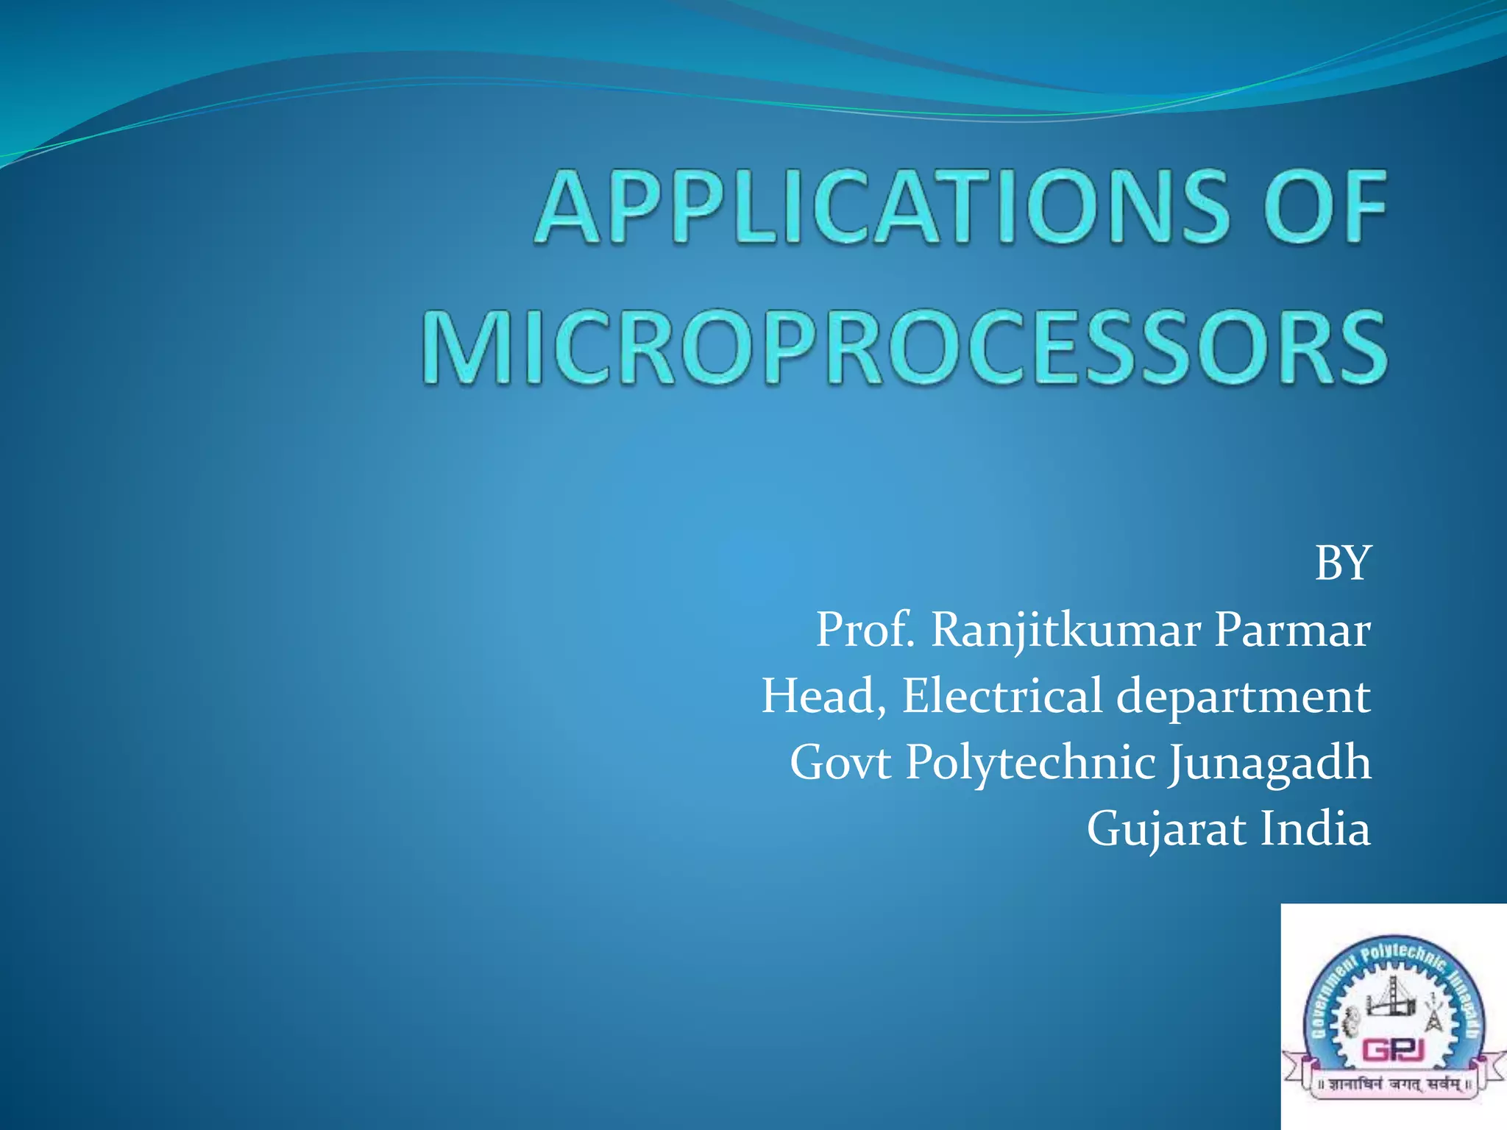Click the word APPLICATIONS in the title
(882, 207)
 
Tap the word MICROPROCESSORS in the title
(904, 347)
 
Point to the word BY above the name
(1342, 564)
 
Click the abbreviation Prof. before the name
(865, 630)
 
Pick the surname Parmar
(1292, 630)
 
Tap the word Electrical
(1001, 696)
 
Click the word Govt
(840, 763)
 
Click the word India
(1315, 829)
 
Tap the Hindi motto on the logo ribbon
(1394, 1084)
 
